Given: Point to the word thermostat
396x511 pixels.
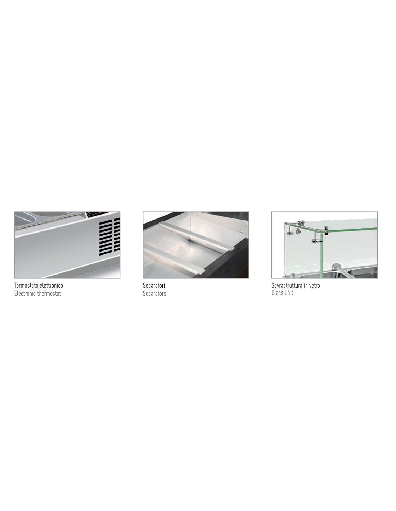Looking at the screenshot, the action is pos(49,294).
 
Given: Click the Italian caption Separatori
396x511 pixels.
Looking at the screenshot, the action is pos(154,286).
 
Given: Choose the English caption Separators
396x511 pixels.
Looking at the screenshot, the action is pos(154,294).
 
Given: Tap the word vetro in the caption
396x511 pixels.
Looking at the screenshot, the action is pos(314,285).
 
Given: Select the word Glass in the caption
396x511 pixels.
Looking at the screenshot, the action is pos(277,293).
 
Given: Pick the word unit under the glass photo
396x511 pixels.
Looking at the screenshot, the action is pos(289,293).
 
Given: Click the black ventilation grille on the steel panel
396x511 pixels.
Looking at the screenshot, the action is pos(109,236).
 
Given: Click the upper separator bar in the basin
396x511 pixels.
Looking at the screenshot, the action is pos(197,236).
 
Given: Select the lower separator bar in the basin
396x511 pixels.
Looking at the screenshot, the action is pos(174,259).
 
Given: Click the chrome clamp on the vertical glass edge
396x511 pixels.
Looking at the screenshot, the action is pos(317,241).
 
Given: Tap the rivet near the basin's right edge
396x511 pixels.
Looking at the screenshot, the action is pos(242,232).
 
